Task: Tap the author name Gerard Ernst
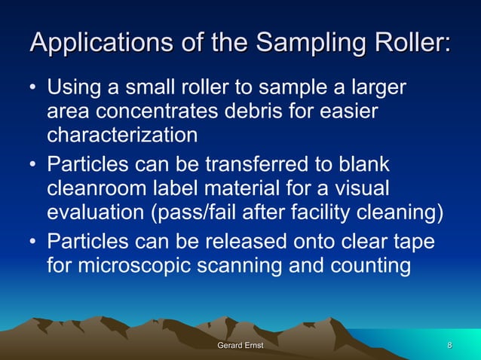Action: point(240,346)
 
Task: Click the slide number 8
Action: point(449,346)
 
